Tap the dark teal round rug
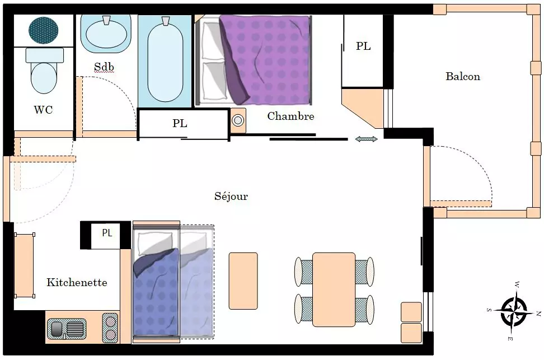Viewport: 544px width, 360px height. click(x=43, y=30)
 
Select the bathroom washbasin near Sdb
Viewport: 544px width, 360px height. click(x=106, y=34)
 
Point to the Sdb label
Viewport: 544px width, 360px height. click(x=104, y=67)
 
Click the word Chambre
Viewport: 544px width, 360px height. click(x=290, y=116)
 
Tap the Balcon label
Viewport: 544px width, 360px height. click(x=463, y=76)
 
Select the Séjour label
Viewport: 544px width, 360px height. click(x=231, y=196)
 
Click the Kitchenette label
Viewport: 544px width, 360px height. click(x=77, y=282)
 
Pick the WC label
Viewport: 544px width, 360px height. click(x=43, y=110)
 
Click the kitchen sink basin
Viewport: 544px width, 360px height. click(x=66, y=329)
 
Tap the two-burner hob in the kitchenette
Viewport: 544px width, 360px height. click(x=110, y=328)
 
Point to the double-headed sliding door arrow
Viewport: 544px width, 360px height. click(x=367, y=139)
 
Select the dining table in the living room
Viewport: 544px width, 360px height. click(x=334, y=289)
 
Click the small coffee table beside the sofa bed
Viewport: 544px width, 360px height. click(x=243, y=281)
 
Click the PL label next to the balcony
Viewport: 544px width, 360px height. click(x=363, y=46)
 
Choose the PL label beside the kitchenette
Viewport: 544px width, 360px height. click(x=107, y=233)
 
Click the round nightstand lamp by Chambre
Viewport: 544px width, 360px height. click(x=238, y=120)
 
